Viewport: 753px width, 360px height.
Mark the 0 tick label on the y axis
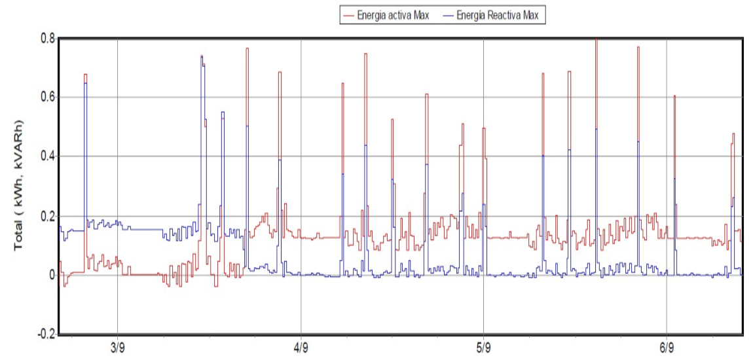[x=50, y=275]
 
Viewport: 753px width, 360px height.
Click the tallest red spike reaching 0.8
[x=596, y=41]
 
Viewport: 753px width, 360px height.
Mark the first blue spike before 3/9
[x=85, y=84]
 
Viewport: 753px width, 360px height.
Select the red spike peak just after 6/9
[x=674, y=97]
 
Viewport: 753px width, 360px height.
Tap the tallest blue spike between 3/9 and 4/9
[x=202, y=58]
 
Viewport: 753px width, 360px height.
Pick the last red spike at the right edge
[x=733, y=135]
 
